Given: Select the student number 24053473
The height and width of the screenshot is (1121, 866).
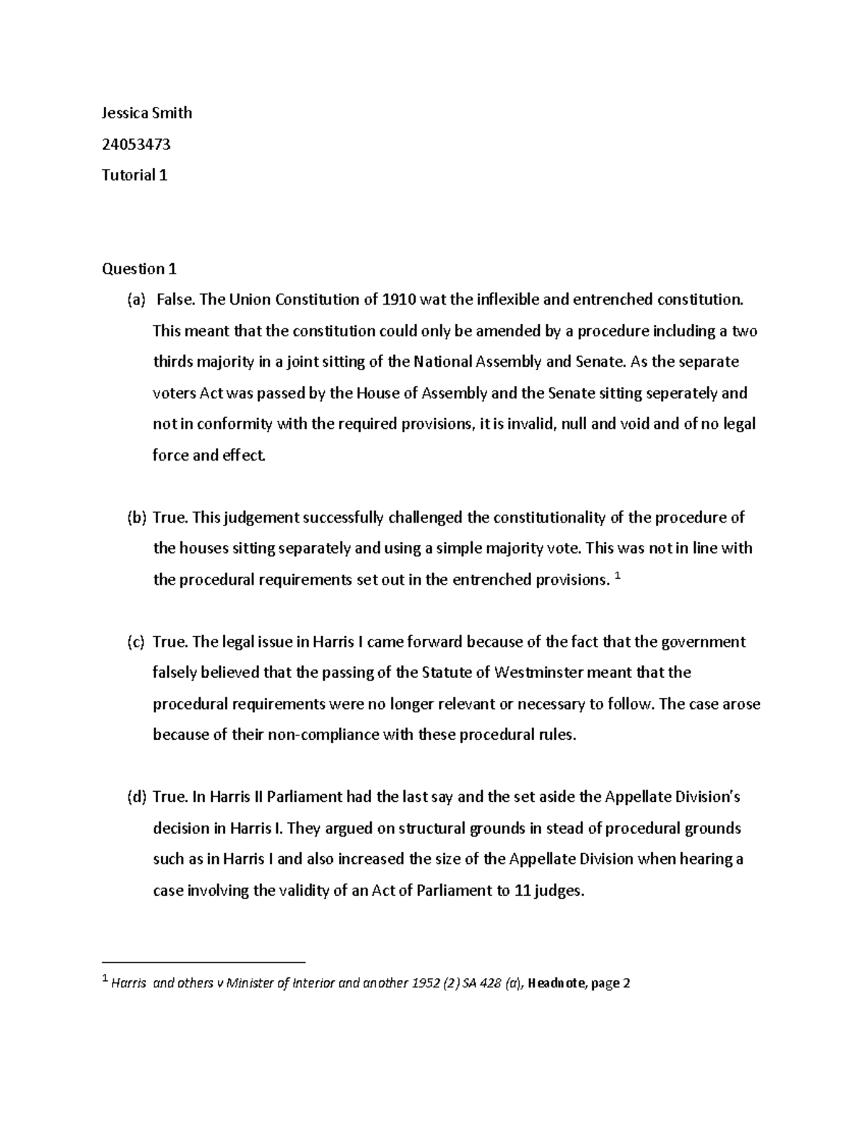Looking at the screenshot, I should pyautogui.click(x=136, y=144).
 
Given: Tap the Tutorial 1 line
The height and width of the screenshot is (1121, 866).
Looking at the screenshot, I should pyautogui.click(x=134, y=175).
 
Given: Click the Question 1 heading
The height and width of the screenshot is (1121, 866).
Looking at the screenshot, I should pyautogui.click(x=139, y=269).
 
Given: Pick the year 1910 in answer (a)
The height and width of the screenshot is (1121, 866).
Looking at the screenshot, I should pyautogui.click(x=399, y=300).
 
